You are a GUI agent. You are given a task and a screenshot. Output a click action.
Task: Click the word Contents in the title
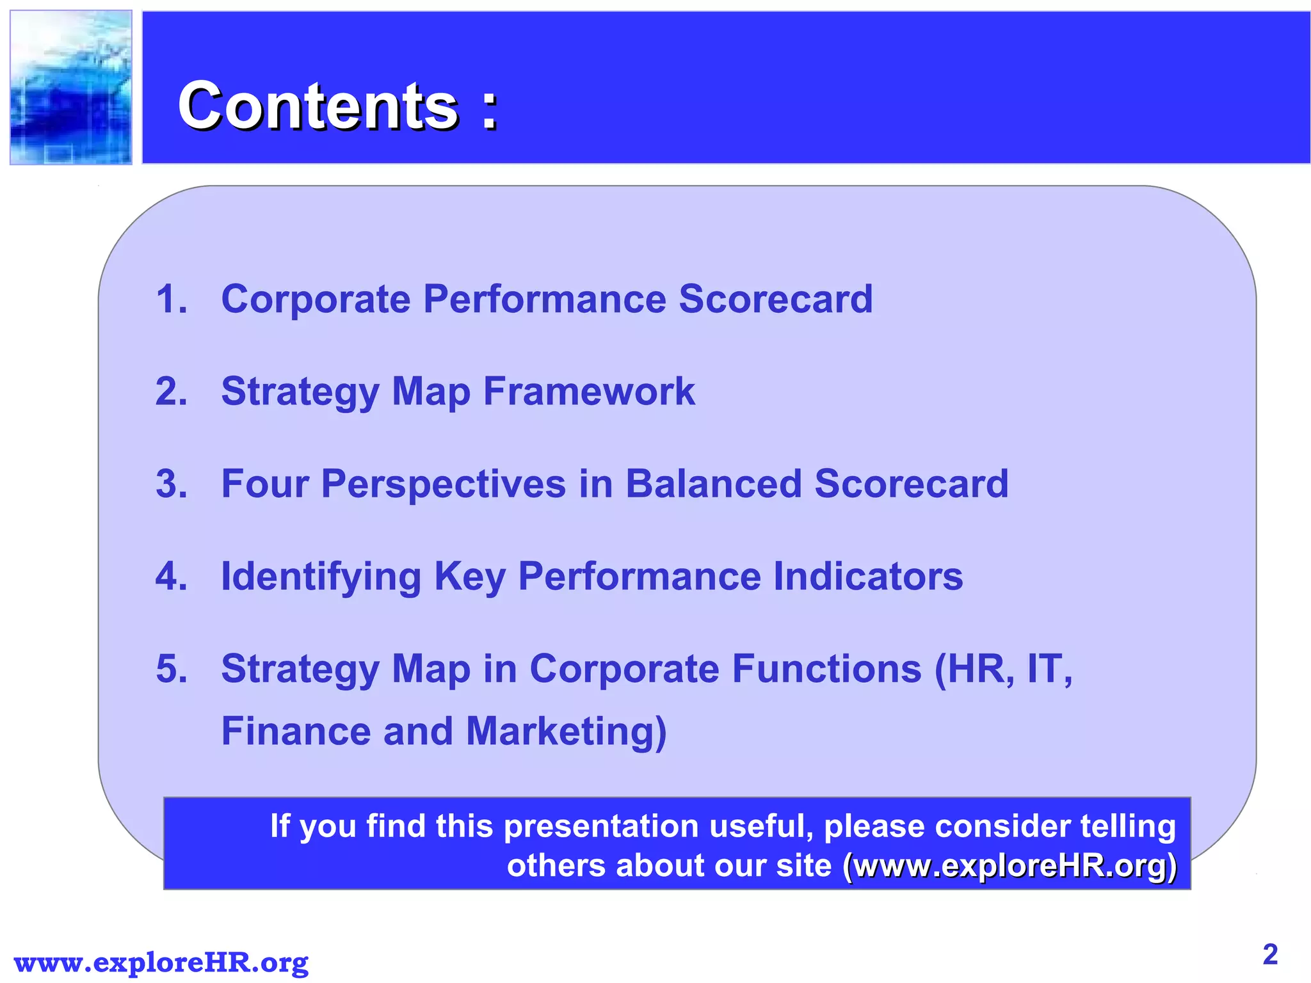click(318, 106)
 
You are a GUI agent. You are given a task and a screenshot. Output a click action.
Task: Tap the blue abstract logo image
click(71, 88)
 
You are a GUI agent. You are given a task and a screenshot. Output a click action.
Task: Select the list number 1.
click(171, 299)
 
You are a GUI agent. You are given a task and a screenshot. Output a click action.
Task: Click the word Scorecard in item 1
click(775, 299)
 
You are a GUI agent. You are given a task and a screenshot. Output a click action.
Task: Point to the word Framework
click(588, 391)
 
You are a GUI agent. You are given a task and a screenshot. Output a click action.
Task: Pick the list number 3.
click(171, 483)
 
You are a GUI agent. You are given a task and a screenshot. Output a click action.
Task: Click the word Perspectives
click(443, 483)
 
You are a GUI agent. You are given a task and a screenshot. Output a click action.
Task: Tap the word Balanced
click(712, 483)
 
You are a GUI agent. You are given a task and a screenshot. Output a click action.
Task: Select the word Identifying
click(321, 577)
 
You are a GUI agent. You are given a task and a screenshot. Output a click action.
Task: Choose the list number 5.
click(171, 669)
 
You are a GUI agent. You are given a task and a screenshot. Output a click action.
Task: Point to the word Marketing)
click(566, 731)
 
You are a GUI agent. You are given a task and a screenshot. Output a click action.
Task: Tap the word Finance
click(296, 731)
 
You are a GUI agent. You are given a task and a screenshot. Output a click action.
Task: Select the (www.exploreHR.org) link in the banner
click(1009, 866)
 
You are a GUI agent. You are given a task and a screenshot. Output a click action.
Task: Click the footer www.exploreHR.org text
click(161, 963)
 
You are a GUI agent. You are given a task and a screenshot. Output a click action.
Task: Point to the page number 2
click(1270, 955)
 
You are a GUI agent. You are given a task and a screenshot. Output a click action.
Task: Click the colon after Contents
click(490, 109)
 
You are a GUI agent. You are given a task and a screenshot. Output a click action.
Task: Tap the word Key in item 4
click(469, 577)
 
